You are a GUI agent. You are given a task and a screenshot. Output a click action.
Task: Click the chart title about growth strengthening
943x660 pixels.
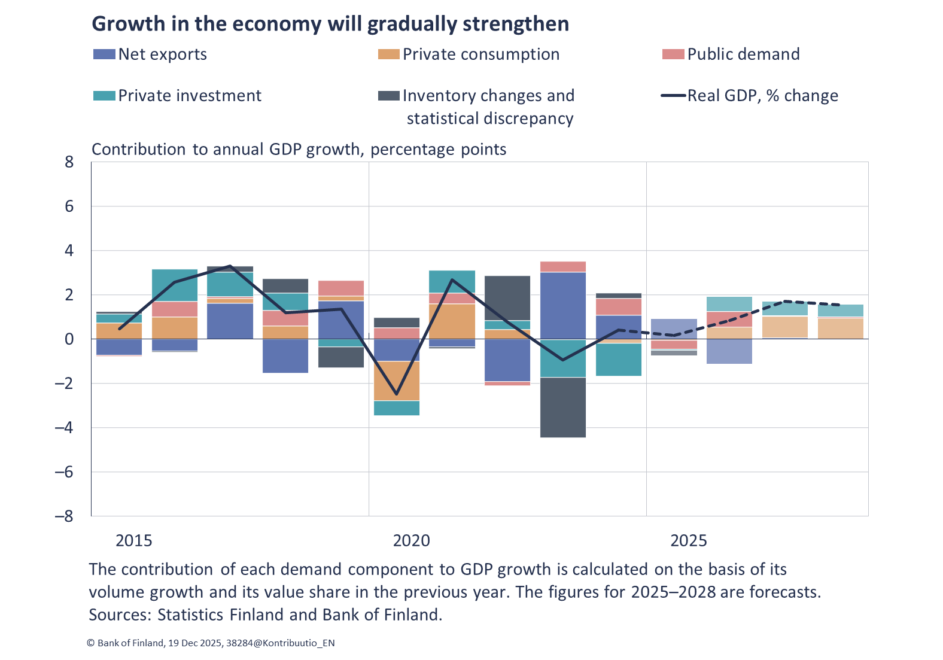[x=330, y=24]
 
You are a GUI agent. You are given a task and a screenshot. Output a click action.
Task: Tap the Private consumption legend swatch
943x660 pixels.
[x=388, y=54]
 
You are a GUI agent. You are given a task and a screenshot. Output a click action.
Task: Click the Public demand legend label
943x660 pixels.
[x=743, y=54]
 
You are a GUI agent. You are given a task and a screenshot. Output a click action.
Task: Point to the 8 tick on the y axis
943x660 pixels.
[x=69, y=162]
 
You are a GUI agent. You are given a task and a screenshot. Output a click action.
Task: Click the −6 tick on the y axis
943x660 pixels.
[x=65, y=472]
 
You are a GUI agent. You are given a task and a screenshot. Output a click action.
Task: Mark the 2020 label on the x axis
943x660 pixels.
[x=411, y=541]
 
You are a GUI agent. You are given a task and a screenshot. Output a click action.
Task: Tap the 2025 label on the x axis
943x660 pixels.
[x=688, y=541]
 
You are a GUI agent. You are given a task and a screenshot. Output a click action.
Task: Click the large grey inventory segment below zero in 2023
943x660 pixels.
[x=562, y=407]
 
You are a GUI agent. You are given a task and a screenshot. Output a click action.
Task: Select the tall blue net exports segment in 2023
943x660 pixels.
[x=562, y=305]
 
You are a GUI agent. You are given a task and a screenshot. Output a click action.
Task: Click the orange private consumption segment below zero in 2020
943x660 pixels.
[x=396, y=381]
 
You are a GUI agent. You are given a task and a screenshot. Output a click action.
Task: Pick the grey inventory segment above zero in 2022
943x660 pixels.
[x=507, y=297]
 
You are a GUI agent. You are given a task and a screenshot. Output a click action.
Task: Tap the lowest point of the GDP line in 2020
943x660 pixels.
[x=396, y=394]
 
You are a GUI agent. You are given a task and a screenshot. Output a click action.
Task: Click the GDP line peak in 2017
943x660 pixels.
[x=230, y=266]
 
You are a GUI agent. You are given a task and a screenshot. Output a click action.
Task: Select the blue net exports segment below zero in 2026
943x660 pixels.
[x=729, y=351]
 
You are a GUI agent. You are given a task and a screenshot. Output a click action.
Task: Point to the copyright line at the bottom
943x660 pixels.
[x=211, y=643]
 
